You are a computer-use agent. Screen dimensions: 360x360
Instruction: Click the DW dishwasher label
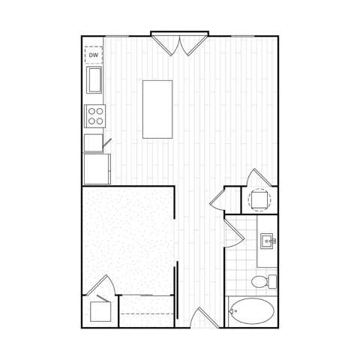94,55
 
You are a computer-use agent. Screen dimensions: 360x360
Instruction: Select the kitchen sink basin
94,80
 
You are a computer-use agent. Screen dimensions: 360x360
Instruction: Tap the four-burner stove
95,116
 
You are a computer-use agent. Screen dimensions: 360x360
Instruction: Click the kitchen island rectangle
157,109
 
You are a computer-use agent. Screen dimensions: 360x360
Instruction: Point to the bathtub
252,311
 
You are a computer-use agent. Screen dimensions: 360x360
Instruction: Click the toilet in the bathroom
264,281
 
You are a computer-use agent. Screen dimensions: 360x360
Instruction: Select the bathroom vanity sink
268,241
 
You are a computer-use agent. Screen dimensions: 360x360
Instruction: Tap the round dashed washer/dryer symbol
259,199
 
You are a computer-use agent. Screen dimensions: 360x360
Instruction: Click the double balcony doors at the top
179,46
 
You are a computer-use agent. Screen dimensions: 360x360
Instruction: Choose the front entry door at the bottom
205,317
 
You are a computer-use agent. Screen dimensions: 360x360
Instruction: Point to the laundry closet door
259,178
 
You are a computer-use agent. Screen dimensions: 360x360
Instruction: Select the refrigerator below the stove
97,169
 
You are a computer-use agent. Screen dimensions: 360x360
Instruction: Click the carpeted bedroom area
128,241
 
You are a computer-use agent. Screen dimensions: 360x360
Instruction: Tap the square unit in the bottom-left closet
100,311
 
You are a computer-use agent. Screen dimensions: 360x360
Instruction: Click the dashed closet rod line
147,313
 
